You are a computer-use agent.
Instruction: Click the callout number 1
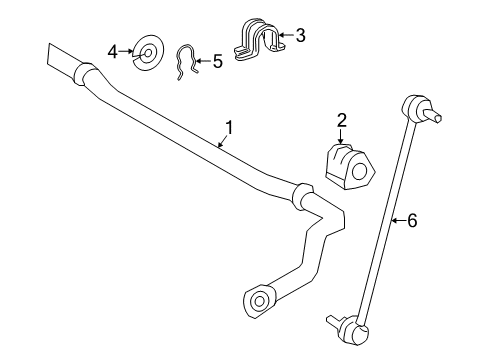pyautogui.click(x=229, y=127)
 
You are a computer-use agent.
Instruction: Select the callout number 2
pyautogui.click(x=341, y=121)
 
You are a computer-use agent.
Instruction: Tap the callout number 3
pyautogui.click(x=299, y=36)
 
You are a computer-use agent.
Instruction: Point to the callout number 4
pyautogui.click(x=114, y=49)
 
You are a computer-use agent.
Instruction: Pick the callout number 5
pyautogui.click(x=217, y=62)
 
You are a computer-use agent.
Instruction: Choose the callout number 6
pyautogui.click(x=411, y=221)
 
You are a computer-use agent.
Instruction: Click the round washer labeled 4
pyautogui.click(x=148, y=50)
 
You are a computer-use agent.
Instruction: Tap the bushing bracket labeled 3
pyautogui.click(x=258, y=41)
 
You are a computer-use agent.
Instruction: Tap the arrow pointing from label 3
pyautogui.click(x=285, y=37)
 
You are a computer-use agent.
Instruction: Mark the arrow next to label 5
pyautogui.click(x=201, y=62)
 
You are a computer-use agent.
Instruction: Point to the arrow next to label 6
pyautogui.click(x=398, y=221)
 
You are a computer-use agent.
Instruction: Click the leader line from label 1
pyautogui.click(x=220, y=141)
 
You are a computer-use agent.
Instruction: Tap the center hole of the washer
pyautogui.click(x=148, y=50)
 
